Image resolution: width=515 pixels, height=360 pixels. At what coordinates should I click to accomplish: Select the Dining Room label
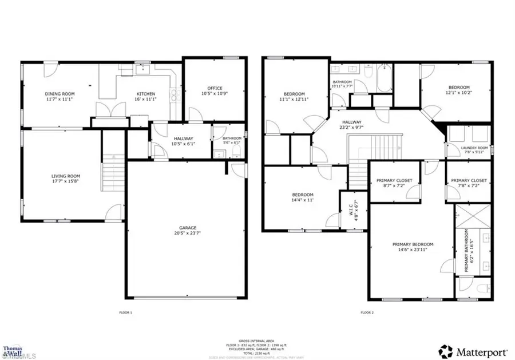(60, 93)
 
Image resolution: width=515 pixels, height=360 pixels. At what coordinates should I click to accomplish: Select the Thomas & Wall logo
(13, 350)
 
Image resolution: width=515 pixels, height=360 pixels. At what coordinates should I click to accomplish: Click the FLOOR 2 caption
(367, 312)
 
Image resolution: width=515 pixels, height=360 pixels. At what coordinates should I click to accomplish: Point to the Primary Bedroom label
(409, 244)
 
